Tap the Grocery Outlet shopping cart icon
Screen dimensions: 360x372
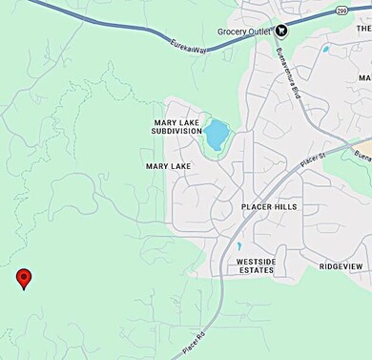(281, 31)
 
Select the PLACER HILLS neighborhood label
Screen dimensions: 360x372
(271, 206)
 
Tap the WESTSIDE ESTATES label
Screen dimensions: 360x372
(255, 265)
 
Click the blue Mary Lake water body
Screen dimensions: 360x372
(217, 133)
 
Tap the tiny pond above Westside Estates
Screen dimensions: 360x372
(238, 246)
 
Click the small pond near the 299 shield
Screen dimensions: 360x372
(326, 49)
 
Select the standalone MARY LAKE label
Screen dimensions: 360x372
(169, 166)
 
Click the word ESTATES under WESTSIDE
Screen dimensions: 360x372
(255, 270)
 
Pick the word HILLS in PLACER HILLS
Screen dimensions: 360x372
(285, 206)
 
